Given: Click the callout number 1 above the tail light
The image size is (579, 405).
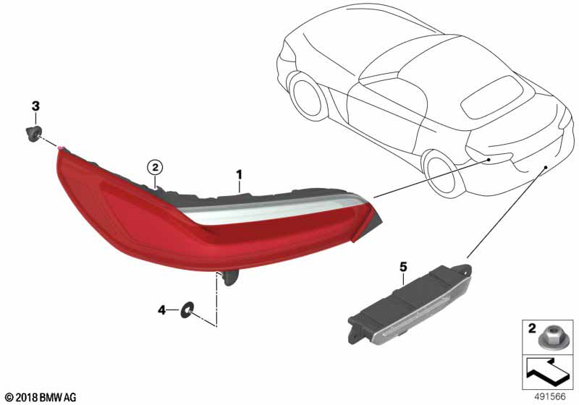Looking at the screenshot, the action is [240, 175].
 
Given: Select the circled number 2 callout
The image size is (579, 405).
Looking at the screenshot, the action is [155, 168].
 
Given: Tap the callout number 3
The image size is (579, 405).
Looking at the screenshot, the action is [35, 106].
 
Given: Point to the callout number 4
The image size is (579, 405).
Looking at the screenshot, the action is [161, 310].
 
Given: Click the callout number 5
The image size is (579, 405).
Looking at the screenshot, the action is [403, 267].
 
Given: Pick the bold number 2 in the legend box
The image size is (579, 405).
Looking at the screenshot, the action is [532, 328].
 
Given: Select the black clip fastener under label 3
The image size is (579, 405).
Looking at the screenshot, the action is [33, 134].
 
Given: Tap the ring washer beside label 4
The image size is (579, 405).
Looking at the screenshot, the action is [187, 310].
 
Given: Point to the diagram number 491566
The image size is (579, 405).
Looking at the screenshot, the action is [550, 397].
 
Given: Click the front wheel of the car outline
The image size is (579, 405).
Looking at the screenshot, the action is [307, 97].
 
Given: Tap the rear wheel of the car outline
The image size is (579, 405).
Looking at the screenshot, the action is [441, 173].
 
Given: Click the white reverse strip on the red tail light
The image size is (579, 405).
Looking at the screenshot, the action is [274, 209].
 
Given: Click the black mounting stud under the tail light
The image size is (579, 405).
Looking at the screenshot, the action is [229, 278].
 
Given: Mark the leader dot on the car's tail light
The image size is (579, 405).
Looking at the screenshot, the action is [488, 160].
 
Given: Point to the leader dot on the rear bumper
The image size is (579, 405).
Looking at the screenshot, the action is [545, 167].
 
